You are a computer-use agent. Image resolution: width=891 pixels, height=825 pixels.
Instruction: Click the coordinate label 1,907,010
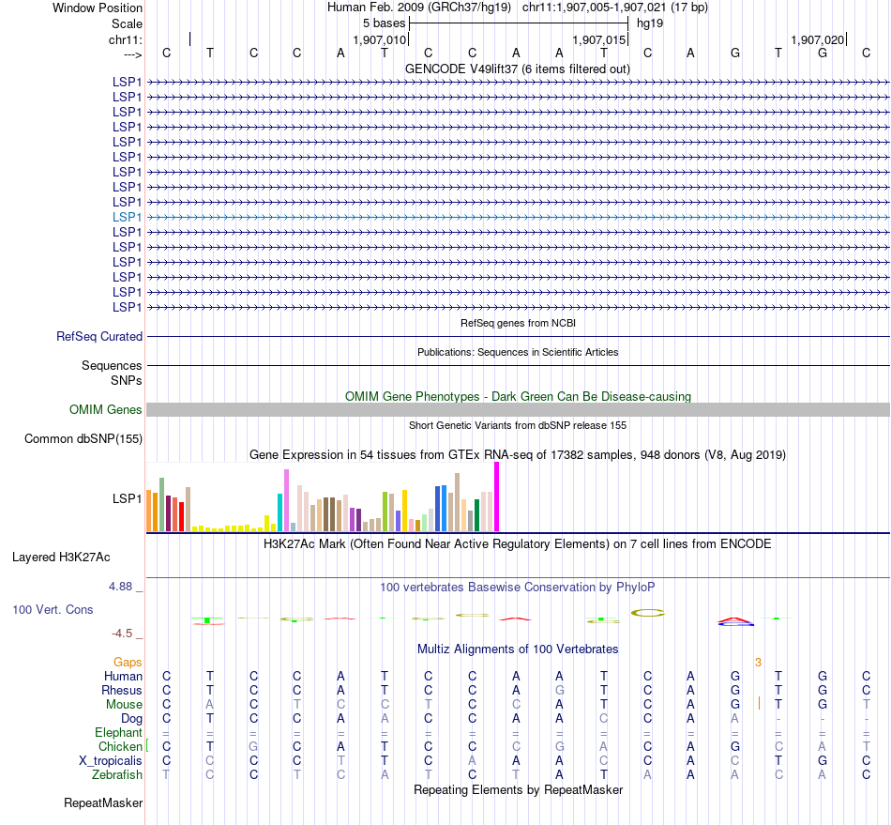pos(380,40)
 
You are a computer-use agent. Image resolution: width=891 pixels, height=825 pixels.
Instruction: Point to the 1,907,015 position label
pos(598,40)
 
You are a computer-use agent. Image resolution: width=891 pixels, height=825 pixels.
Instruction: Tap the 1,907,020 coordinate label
pos(817,40)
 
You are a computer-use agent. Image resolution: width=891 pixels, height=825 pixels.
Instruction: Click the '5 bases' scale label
pos(384,23)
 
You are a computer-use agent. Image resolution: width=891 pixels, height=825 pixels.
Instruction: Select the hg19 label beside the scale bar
pos(650,23)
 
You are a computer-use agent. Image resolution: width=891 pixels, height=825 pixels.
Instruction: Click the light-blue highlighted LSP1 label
pos(128,217)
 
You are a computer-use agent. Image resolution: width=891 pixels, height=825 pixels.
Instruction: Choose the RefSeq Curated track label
pos(99,336)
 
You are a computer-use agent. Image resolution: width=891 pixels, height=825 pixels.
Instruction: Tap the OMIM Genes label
pos(106,409)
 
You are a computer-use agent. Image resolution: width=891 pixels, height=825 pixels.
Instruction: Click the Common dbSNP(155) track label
pos(83,438)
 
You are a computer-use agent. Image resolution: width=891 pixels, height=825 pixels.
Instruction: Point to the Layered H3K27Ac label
pos(61,557)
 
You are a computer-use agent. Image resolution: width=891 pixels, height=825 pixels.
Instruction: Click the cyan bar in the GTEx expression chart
pos(279,512)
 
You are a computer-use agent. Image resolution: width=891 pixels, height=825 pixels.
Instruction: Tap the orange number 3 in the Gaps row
pos(758,662)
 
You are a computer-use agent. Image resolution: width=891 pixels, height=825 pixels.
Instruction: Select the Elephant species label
pos(118,732)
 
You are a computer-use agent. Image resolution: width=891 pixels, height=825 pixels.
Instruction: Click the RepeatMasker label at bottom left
pos(103,802)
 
